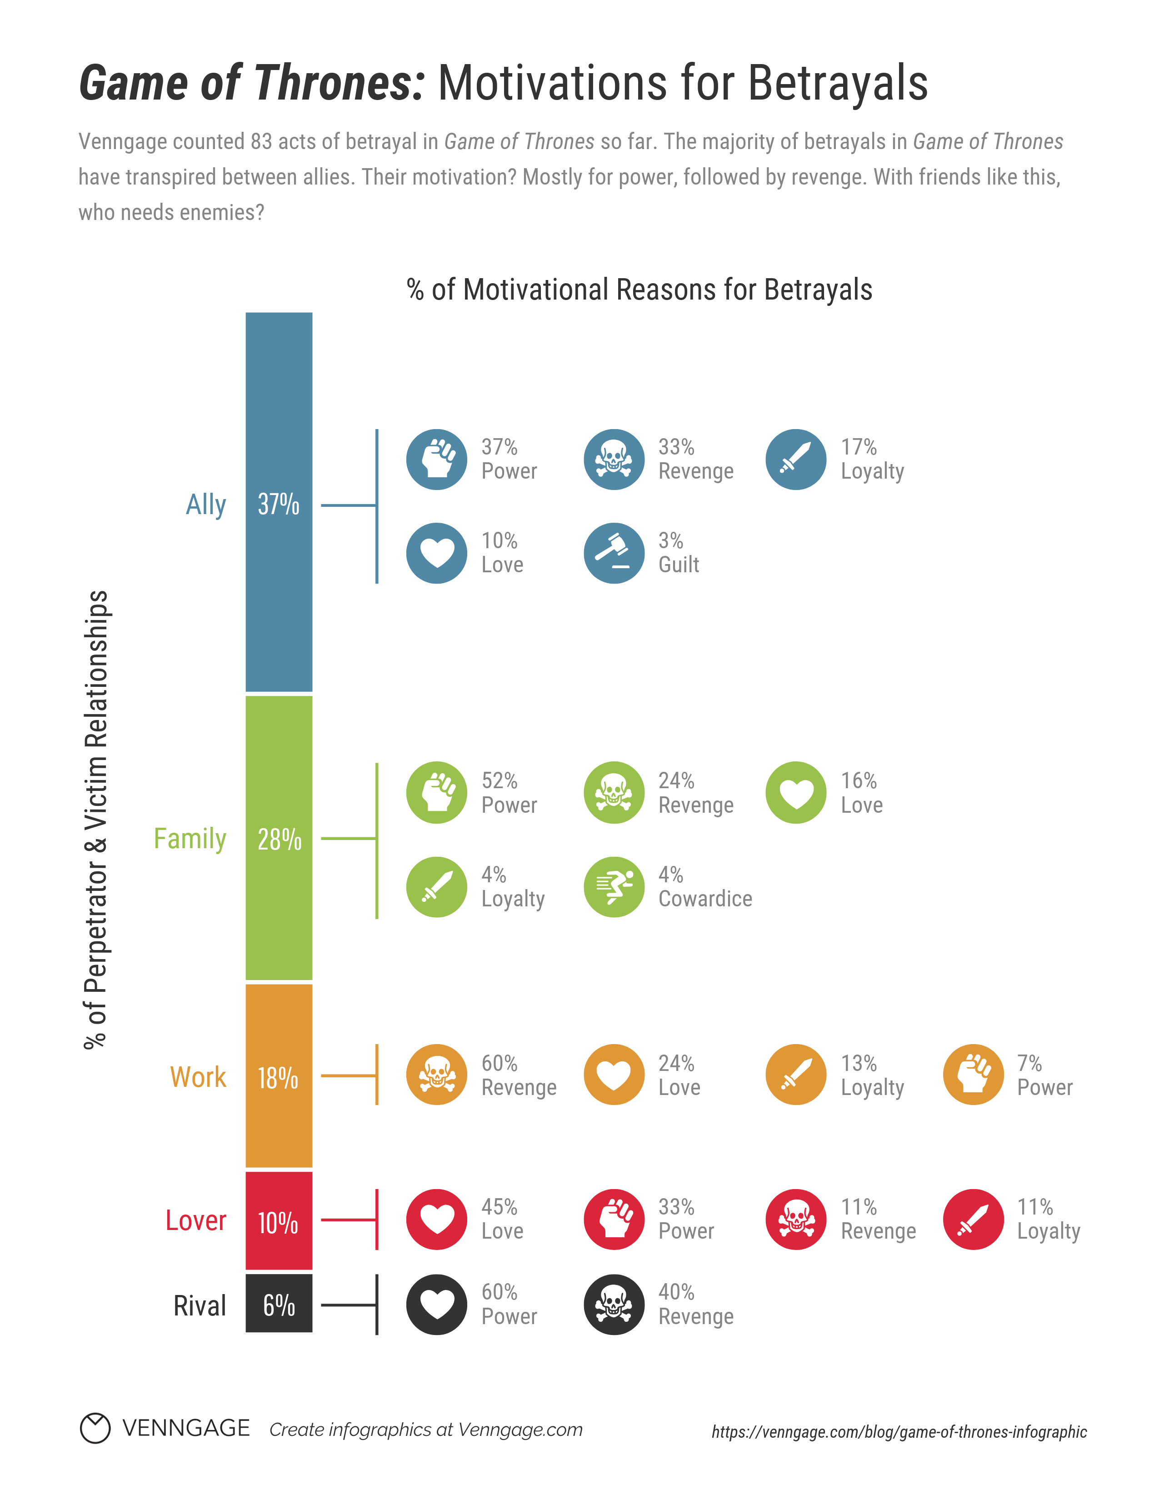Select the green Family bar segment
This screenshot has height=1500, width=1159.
(279, 837)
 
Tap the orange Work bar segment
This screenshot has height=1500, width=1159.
(279, 1075)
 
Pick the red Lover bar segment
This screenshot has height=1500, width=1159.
(279, 1220)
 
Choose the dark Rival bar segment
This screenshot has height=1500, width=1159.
(279, 1303)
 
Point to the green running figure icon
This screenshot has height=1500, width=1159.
(614, 887)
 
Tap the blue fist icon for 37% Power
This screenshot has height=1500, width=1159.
(437, 460)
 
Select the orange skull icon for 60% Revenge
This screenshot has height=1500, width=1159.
(437, 1075)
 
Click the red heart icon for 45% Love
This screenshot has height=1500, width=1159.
(437, 1219)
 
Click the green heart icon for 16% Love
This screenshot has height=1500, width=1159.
(796, 793)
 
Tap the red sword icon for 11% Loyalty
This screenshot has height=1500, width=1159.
(973, 1219)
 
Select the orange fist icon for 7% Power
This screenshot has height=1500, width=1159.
(973, 1075)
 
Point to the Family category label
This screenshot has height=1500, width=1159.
(190, 839)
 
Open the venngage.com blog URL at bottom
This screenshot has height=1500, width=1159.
(899, 1432)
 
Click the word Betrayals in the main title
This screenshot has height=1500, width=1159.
(838, 83)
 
